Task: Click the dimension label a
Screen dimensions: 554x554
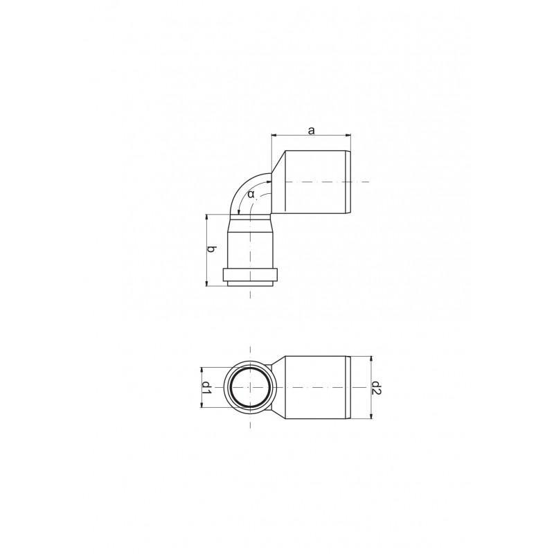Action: [311, 131]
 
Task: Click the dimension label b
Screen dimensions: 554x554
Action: [211, 249]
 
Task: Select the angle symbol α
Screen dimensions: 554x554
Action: [251, 194]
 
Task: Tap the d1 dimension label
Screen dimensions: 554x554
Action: [206, 388]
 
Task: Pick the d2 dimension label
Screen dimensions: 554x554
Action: [375, 388]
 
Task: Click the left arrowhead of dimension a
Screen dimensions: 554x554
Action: [274, 134]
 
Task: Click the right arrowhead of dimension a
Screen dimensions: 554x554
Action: [348, 134]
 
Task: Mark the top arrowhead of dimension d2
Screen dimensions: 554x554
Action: [370, 359]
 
